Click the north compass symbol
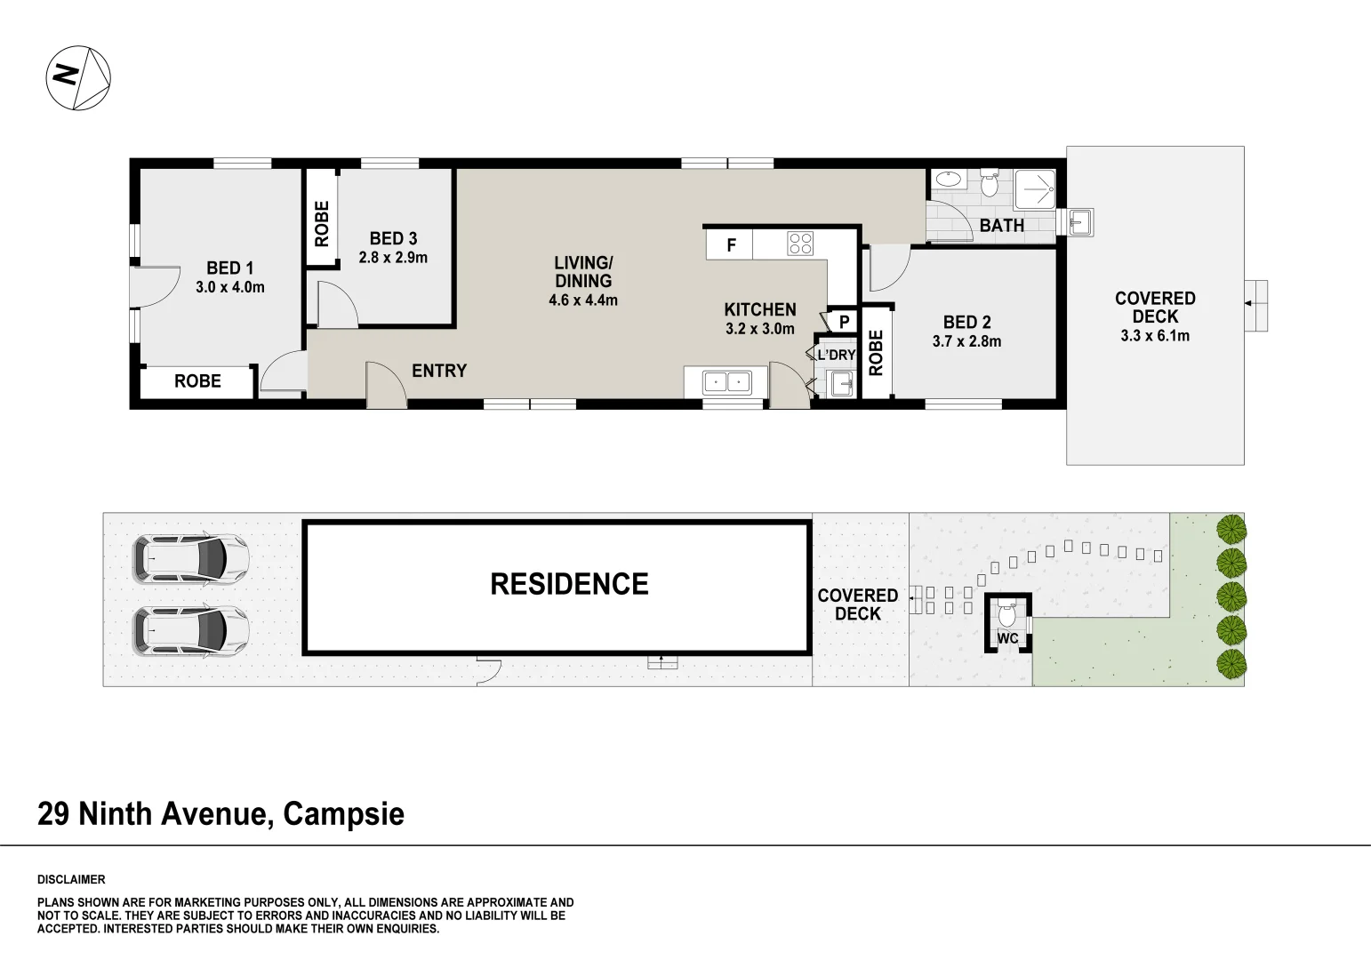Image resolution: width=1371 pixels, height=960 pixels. pos(78,78)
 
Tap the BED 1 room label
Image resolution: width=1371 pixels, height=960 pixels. pos(229,268)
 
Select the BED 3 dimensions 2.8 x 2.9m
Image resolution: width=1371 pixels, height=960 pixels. pos(393,258)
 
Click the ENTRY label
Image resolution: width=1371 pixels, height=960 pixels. pos(439,371)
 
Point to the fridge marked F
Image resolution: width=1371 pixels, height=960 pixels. pos(731,245)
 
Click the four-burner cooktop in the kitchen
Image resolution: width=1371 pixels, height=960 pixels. pos(800,244)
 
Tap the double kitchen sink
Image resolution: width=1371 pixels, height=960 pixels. pos(726,382)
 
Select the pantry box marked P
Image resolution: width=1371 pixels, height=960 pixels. pos(844,322)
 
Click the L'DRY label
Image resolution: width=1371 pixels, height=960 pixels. pos(836,355)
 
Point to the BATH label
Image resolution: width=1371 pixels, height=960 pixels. pos(1001,226)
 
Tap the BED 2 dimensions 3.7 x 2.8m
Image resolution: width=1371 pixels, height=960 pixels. pos(966,341)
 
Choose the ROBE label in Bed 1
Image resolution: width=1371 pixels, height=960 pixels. pos(197,381)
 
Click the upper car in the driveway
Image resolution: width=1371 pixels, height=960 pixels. pos(190,558)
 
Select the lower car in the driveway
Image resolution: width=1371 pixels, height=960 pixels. pos(190,631)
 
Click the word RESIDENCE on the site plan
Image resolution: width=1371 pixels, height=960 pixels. pos(569,584)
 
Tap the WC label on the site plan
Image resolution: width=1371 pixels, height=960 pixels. pos(1007,638)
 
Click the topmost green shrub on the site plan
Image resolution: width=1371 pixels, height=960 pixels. pos(1231,530)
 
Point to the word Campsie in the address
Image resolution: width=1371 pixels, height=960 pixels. pos(343,813)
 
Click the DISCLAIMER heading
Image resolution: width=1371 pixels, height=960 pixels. pos(71,880)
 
